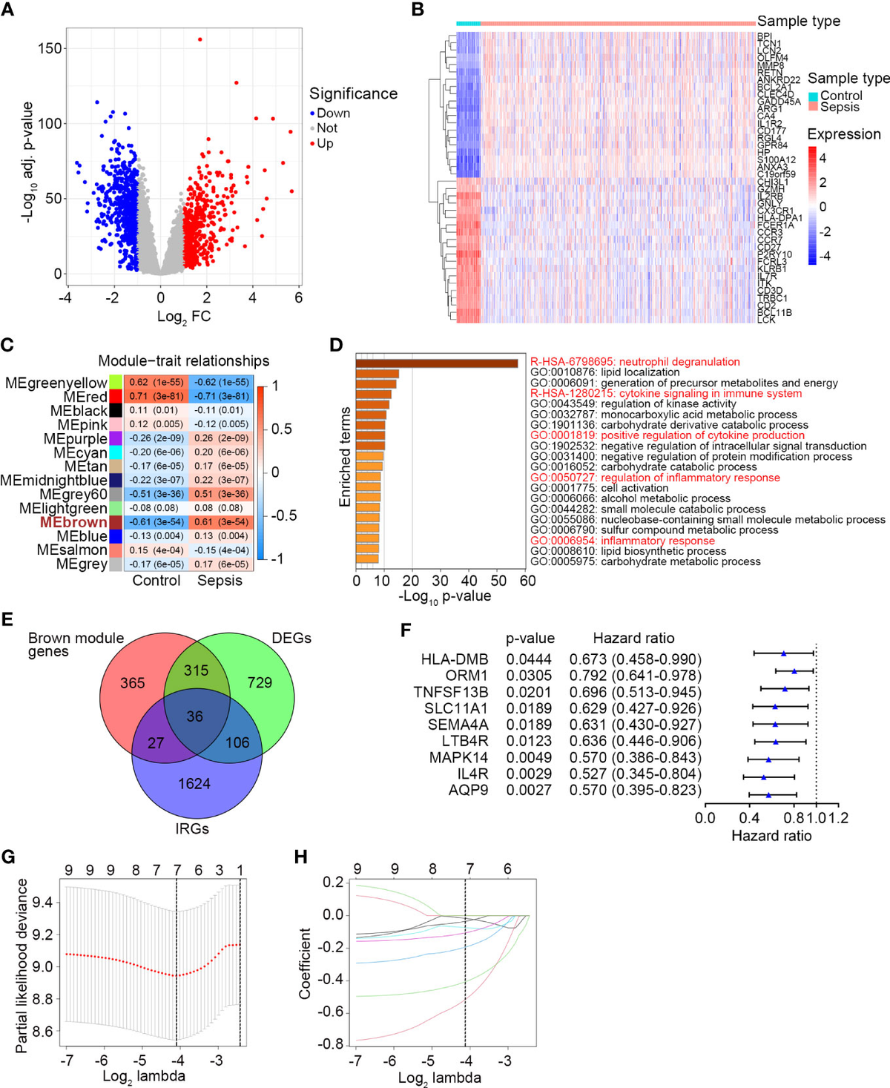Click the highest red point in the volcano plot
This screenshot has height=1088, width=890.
(x=200, y=39)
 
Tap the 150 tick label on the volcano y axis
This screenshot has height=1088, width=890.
(x=50, y=48)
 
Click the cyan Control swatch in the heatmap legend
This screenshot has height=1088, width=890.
(x=813, y=96)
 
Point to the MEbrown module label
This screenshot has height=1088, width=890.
(x=73, y=522)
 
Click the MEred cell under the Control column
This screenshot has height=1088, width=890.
(x=156, y=396)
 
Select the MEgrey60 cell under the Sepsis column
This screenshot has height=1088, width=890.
(x=221, y=494)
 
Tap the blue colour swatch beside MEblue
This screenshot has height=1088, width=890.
(x=116, y=536)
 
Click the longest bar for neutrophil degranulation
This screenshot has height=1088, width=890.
(x=436, y=363)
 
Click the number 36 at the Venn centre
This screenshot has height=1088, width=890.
(x=194, y=716)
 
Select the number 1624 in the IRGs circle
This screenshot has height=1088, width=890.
(x=194, y=783)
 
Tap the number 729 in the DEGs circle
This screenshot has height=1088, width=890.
(x=260, y=682)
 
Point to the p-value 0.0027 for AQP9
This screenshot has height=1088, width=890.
(x=529, y=791)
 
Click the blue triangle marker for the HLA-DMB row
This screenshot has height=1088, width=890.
(x=783, y=653)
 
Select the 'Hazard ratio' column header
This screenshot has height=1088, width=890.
(x=633, y=638)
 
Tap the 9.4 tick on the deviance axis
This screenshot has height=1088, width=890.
(x=43, y=903)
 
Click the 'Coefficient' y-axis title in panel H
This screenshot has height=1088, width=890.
(x=305, y=963)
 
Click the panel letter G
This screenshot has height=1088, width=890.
(x=8, y=857)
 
